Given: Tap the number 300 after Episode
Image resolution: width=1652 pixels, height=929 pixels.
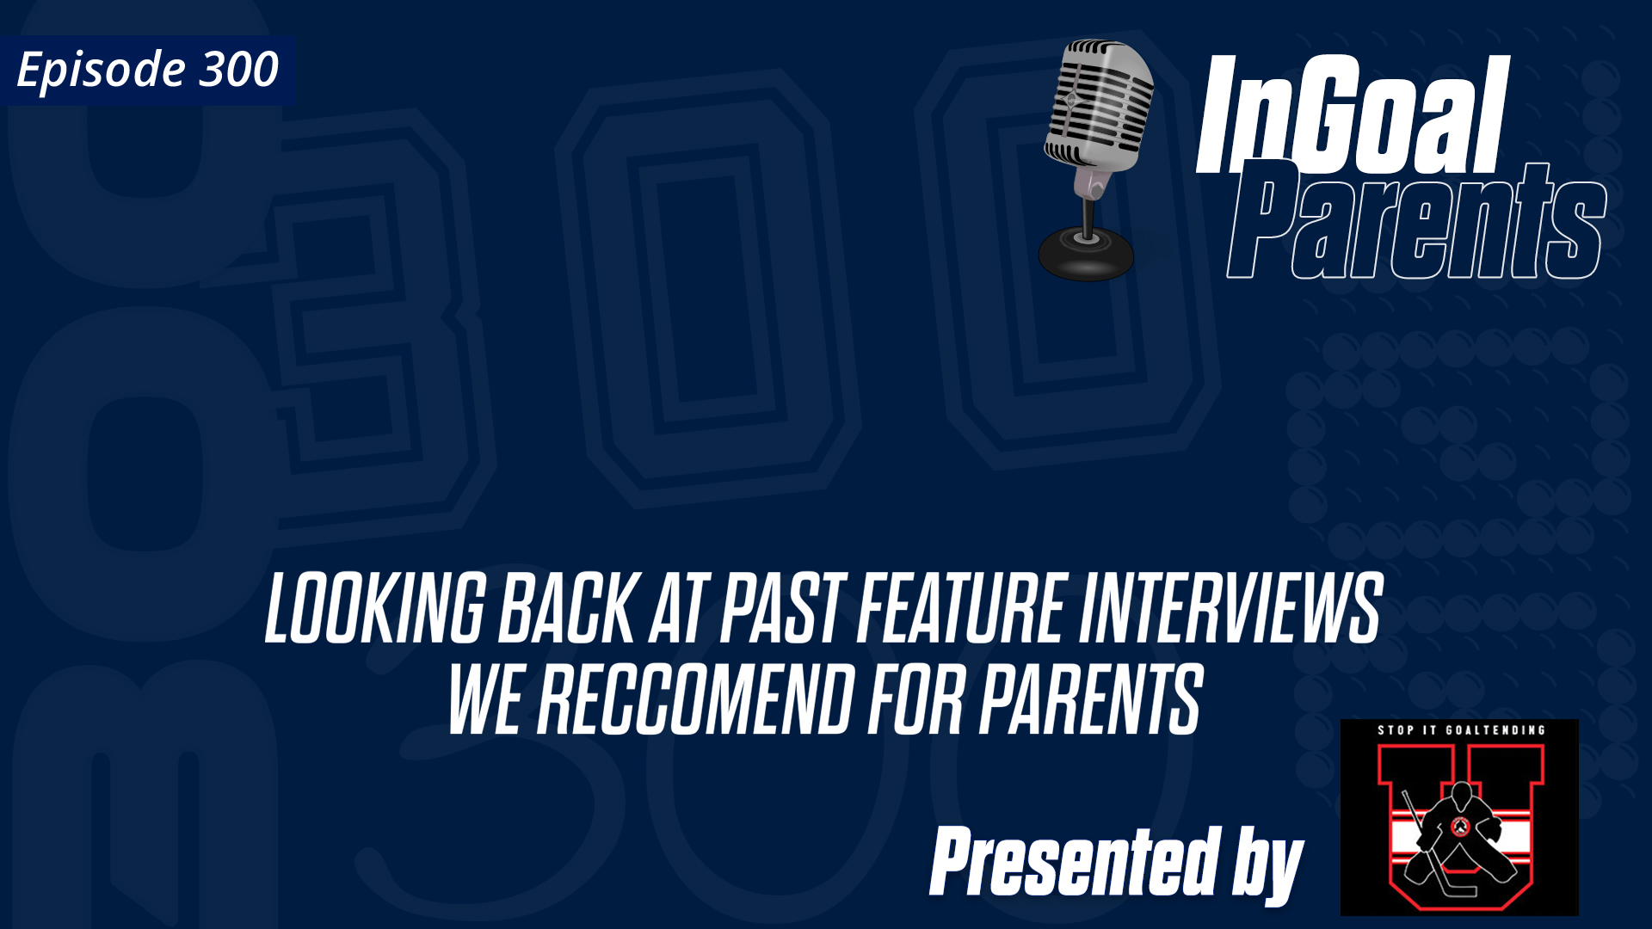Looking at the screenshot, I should pos(239,70).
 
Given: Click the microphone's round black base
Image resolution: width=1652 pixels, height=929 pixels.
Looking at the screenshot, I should pos(1086,255).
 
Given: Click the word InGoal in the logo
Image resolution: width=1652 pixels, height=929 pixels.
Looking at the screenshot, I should pos(1352,116).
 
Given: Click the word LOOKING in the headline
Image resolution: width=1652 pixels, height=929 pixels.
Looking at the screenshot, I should pos(375,609).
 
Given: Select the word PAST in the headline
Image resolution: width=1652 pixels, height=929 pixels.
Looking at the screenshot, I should pos(780,609).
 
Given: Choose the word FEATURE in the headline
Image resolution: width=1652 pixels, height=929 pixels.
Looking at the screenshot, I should pos(963,609).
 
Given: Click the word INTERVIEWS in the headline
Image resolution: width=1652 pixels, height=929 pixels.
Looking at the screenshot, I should pos(1230,609).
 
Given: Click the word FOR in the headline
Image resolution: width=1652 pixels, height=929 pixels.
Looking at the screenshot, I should pos(916,700).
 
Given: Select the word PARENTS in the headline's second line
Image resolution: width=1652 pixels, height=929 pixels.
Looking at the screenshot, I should pos(1091,700).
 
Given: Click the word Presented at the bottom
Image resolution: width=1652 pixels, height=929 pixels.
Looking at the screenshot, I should pos(1076,862).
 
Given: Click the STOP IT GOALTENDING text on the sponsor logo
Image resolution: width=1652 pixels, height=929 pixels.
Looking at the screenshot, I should pos(1461,730).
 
